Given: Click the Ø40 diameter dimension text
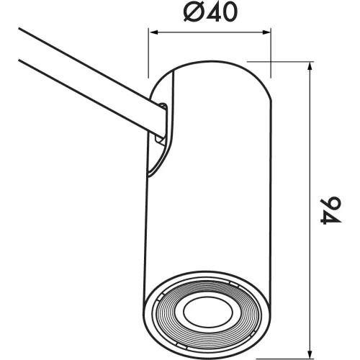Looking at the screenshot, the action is [210, 12].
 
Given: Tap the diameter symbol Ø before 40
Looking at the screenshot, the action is [193, 12].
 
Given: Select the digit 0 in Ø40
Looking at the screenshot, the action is [228, 12].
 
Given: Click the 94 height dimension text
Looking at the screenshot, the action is [330, 211].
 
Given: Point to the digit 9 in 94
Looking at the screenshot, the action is [331, 204].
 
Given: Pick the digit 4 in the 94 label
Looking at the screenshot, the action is [330, 218].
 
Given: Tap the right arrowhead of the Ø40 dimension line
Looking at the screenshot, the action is [266, 32].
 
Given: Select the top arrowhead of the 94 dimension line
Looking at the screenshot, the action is [311, 66].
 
